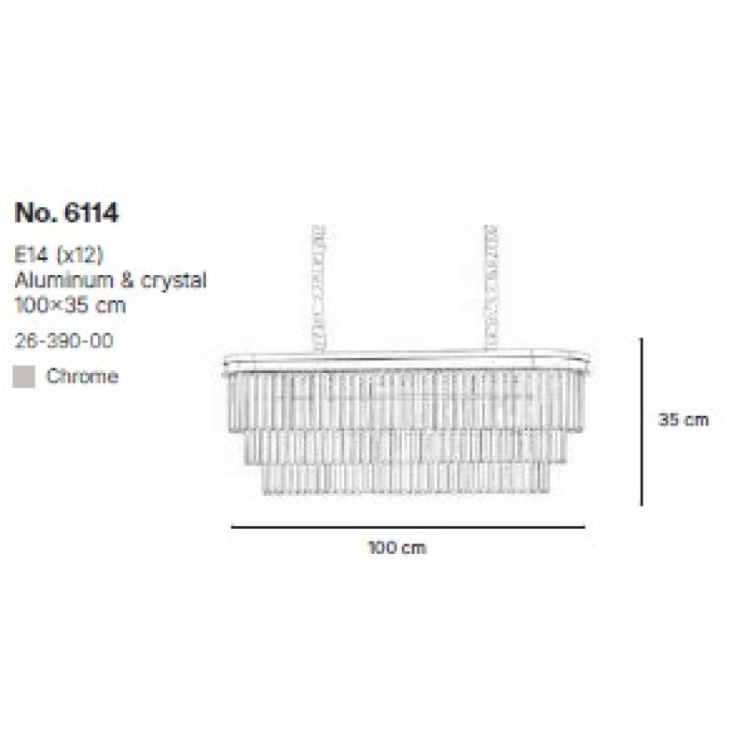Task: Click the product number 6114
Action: tap(90, 213)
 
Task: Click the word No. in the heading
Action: tap(35, 213)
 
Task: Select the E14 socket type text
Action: tap(32, 256)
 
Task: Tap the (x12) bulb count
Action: tap(80, 256)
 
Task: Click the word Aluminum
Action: tap(63, 281)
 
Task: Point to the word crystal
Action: tap(173, 282)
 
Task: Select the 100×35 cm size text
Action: tap(71, 305)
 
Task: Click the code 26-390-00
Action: tap(63, 340)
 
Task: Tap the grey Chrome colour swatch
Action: tap(24, 377)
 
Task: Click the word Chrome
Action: tap(82, 377)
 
